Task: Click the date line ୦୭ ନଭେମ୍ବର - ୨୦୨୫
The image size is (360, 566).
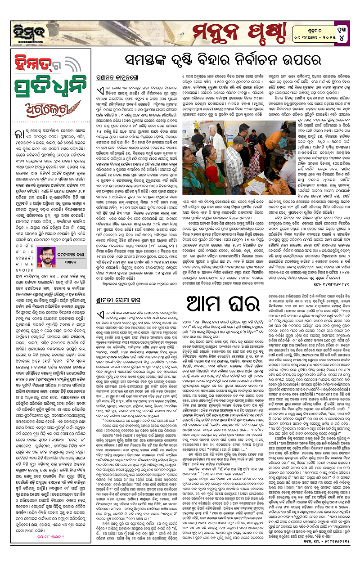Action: [x=308, y=35]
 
